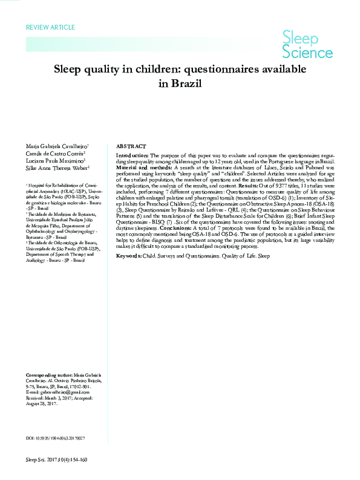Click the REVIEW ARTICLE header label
pyautogui.click(x=51, y=27)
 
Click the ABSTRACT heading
pyautogui.click(x=130, y=146)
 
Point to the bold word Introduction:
pyautogui.click(x=134, y=155)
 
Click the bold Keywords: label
pyautogui.click(x=131, y=256)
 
